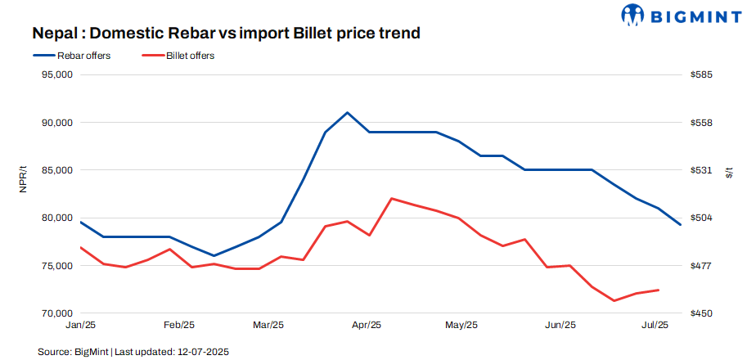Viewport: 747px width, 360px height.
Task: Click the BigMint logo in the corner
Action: click(x=678, y=15)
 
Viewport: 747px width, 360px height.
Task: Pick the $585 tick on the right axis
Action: click(x=701, y=74)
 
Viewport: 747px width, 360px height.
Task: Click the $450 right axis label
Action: click(x=701, y=313)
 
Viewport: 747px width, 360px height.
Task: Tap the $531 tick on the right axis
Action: click(x=701, y=170)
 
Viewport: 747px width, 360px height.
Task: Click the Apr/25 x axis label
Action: click(x=366, y=326)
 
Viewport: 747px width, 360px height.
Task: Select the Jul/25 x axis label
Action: click(x=653, y=326)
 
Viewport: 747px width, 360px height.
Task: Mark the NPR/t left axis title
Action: click(x=24, y=178)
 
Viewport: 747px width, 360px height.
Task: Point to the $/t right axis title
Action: click(x=729, y=171)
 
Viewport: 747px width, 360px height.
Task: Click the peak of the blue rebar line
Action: click(x=348, y=112)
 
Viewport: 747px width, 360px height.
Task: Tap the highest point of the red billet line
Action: click(x=393, y=198)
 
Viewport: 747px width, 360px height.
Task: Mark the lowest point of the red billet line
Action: click(x=614, y=300)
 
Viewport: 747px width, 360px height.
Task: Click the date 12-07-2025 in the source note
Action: click(x=202, y=351)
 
